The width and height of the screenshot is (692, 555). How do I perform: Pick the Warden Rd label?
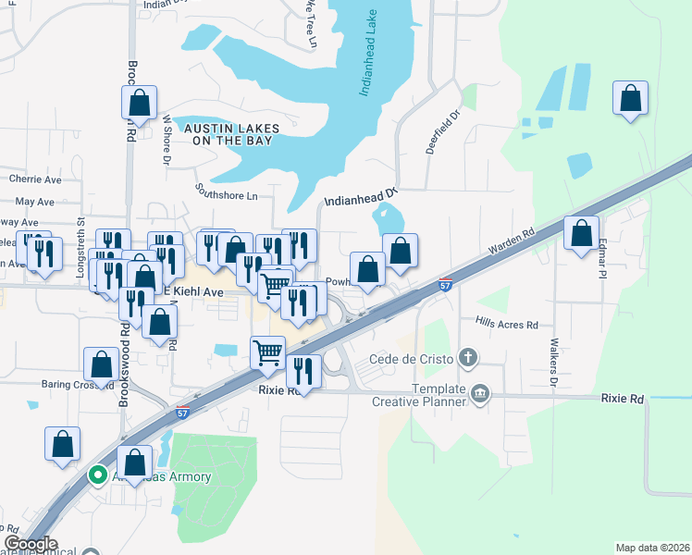point(512,245)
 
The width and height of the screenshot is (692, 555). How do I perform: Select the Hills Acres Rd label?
point(506,325)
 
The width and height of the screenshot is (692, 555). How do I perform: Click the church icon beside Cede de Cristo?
point(469,357)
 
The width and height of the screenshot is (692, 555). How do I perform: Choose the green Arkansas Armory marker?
point(97,475)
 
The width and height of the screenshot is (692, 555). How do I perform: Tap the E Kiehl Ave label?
point(194,291)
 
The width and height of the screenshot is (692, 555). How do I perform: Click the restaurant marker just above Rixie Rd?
point(303,371)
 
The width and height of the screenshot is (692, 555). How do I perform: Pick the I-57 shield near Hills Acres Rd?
point(446,286)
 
